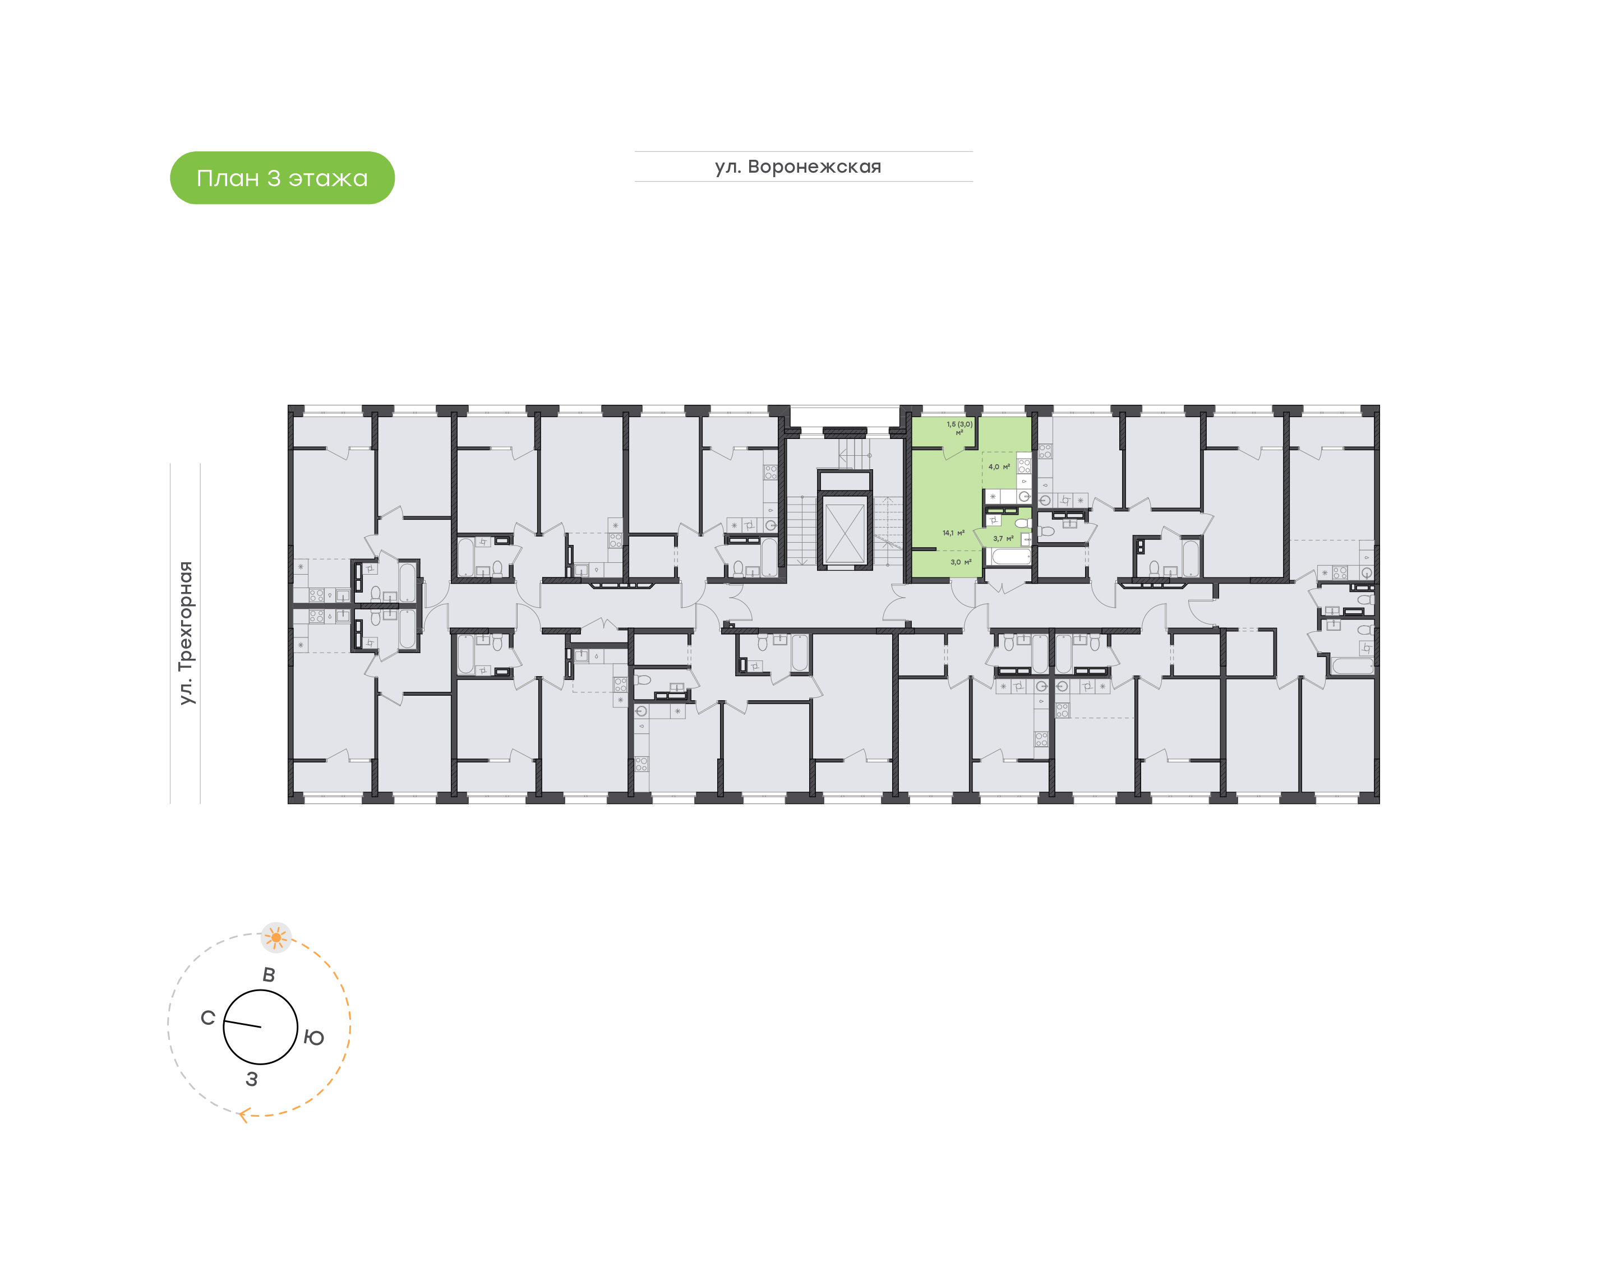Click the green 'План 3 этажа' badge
point(282,178)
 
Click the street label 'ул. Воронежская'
point(798,167)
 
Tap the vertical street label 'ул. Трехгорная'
point(186,633)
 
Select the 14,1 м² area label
point(953,533)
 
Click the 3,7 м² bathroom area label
point(1003,539)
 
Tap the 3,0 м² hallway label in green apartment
point(961,562)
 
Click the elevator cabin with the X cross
point(845,533)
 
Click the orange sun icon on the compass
point(276,938)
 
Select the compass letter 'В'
point(269,975)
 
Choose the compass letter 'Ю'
point(314,1038)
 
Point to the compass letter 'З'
point(251,1079)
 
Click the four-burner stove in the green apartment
point(1024,466)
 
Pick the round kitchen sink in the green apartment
point(1024,496)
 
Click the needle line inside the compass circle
point(243,1024)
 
